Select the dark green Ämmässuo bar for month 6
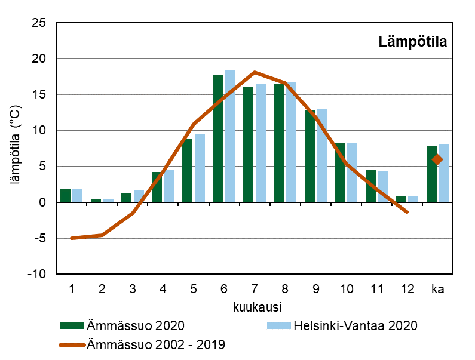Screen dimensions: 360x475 [x=217, y=139]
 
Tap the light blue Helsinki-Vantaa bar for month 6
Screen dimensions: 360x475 [x=230, y=137]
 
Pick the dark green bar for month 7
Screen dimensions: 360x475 [x=248, y=144]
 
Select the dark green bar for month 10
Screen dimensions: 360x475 [x=340, y=173]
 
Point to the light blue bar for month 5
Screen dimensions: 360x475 [x=200, y=168]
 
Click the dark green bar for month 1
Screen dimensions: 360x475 [x=65, y=196]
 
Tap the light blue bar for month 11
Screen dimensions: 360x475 [x=382, y=187]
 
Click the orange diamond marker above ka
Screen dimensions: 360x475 [x=437, y=159]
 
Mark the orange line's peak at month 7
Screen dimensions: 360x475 [x=255, y=72]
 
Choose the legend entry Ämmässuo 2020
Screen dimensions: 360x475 [x=122, y=326]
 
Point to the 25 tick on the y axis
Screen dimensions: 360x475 [x=39, y=23]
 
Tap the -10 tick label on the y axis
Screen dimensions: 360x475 [x=36, y=274]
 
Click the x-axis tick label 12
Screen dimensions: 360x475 [x=407, y=290]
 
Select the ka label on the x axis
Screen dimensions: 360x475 [x=437, y=290]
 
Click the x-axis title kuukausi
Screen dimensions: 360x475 [x=255, y=307]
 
